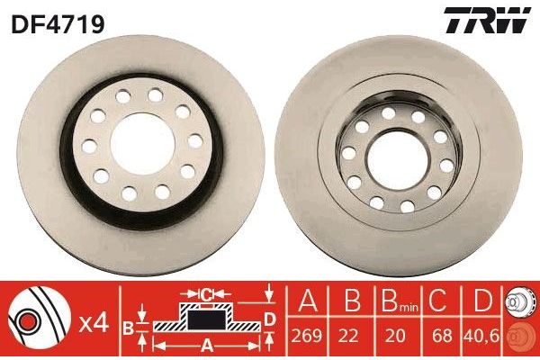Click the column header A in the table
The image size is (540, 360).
coord(306,300)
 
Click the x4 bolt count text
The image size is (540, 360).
coord(94,319)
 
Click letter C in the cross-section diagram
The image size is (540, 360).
coord(207,293)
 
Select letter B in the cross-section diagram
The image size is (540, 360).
coord(128,328)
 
